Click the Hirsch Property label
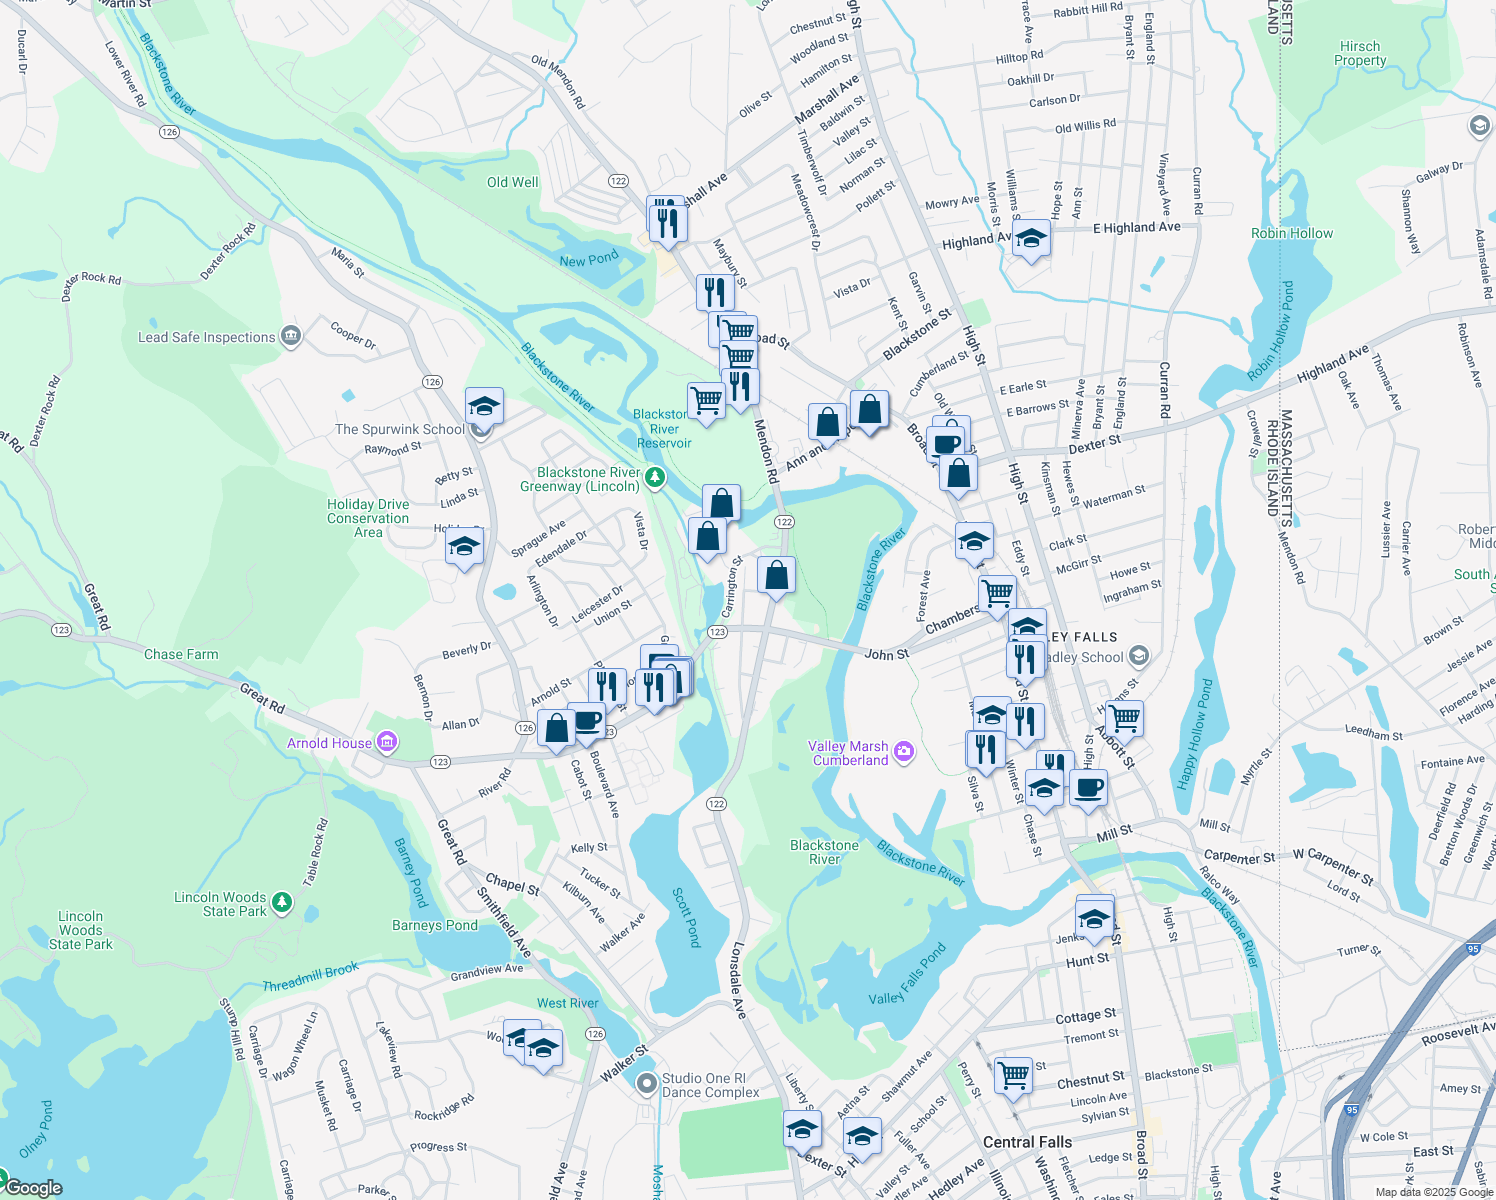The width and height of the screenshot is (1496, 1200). tap(1360, 54)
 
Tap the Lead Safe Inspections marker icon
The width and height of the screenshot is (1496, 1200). tap(291, 336)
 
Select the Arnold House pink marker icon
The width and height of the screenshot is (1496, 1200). tap(387, 743)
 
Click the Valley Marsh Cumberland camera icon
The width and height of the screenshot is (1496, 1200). tap(904, 752)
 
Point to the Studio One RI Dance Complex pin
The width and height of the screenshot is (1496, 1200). tap(647, 1084)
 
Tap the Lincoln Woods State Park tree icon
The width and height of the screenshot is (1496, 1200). tap(283, 904)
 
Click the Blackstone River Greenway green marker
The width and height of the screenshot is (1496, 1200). tap(655, 478)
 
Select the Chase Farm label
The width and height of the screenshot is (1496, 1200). tap(181, 654)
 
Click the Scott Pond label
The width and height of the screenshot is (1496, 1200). tap(686, 917)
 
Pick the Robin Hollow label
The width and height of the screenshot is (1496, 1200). tap(1291, 233)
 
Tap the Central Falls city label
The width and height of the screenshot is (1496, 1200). tap(1027, 1142)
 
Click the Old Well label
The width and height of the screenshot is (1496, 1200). tap(512, 182)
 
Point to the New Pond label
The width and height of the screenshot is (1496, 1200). tap(589, 260)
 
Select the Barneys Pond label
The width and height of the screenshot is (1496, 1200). tap(435, 925)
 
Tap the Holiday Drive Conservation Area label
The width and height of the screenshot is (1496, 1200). tap(368, 518)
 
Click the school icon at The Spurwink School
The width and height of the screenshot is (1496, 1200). tap(484, 407)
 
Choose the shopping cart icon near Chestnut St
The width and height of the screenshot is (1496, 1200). tap(1013, 1076)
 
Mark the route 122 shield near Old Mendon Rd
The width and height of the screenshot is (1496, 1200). tap(618, 181)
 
